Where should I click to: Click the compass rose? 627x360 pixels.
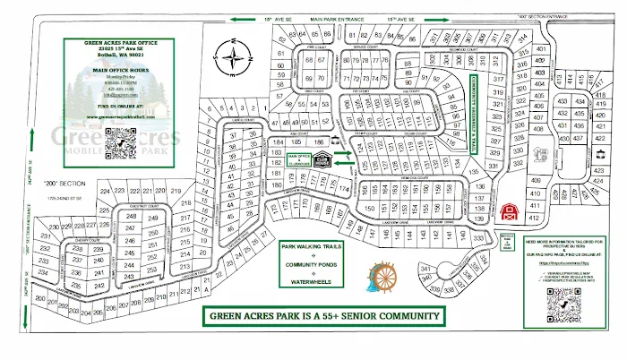(x=236, y=61)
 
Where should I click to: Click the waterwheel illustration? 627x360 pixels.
(x=382, y=277)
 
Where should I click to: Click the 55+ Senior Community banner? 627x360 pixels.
(x=324, y=316)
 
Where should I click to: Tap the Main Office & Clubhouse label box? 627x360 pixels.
(x=298, y=159)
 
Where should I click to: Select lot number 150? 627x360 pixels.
(x=368, y=207)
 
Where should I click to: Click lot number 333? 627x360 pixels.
(x=477, y=237)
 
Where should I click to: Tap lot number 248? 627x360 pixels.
(x=131, y=218)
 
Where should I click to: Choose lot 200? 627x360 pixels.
(x=39, y=296)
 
